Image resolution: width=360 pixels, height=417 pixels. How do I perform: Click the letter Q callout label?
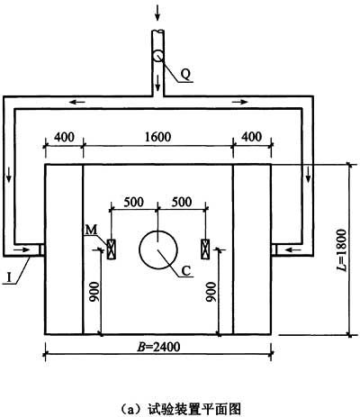click(x=185, y=74)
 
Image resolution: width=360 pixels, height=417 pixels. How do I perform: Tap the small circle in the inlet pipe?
click(x=157, y=56)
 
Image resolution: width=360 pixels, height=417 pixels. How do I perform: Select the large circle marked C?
click(x=158, y=249)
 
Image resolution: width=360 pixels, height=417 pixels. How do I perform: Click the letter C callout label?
click(x=186, y=271)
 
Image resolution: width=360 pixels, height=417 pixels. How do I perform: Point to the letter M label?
click(x=91, y=230)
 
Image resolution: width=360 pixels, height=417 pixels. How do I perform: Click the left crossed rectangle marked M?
click(x=112, y=249)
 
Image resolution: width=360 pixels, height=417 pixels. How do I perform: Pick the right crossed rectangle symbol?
click(x=205, y=249)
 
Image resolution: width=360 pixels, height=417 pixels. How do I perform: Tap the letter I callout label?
click(x=9, y=277)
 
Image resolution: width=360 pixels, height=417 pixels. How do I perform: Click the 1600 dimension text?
click(x=157, y=137)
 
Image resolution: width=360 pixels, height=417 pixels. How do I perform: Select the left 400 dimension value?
click(x=64, y=137)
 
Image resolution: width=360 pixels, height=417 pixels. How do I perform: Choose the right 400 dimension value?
click(x=251, y=137)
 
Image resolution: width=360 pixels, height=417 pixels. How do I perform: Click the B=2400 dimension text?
click(x=158, y=347)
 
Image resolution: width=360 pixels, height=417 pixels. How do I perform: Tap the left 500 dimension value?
click(x=134, y=202)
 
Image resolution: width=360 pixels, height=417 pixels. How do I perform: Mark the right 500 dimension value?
click(x=182, y=202)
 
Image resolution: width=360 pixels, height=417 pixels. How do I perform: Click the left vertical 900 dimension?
click(x=94, y=292)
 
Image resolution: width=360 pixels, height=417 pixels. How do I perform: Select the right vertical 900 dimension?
click(x=211, y=292)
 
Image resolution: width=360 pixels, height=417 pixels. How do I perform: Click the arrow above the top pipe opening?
click(x=157, y=14)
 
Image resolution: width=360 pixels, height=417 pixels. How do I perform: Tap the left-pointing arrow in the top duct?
click(x=76, y=102)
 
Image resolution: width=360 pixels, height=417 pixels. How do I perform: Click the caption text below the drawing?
click(x=181, y=409)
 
